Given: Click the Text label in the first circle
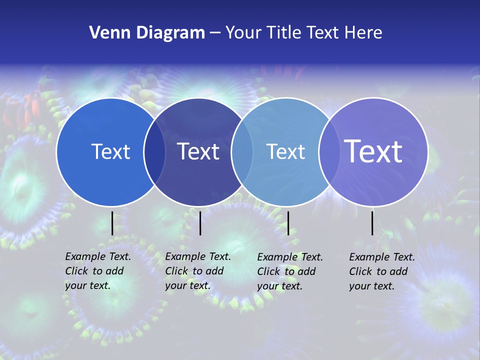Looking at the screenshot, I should tap(110, 151).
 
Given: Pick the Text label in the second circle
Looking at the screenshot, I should tap(198, 151).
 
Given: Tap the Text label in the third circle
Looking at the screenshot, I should tap(285, 151).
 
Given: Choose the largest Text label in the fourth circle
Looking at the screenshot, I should tap(373, 151).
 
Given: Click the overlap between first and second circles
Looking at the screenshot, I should tap(154, 152).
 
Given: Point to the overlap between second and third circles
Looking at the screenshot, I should tap(242, 152).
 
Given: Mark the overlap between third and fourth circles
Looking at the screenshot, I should tap(328, 152).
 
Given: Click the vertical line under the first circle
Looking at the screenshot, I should tap(112, 223).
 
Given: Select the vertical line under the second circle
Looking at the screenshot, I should tap(200, 223).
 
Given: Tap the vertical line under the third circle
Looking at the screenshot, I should tap(288, 223).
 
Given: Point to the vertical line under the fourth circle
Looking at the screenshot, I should tap(372, 223).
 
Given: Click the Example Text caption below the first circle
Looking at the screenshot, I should tap(97, 271).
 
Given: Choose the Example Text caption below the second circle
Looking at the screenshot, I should tap(197, 271).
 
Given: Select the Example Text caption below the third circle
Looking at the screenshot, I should tap(289, 271).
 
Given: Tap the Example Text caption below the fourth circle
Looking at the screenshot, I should tap(381, 271).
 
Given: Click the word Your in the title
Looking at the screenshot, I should tap(243, 33).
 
